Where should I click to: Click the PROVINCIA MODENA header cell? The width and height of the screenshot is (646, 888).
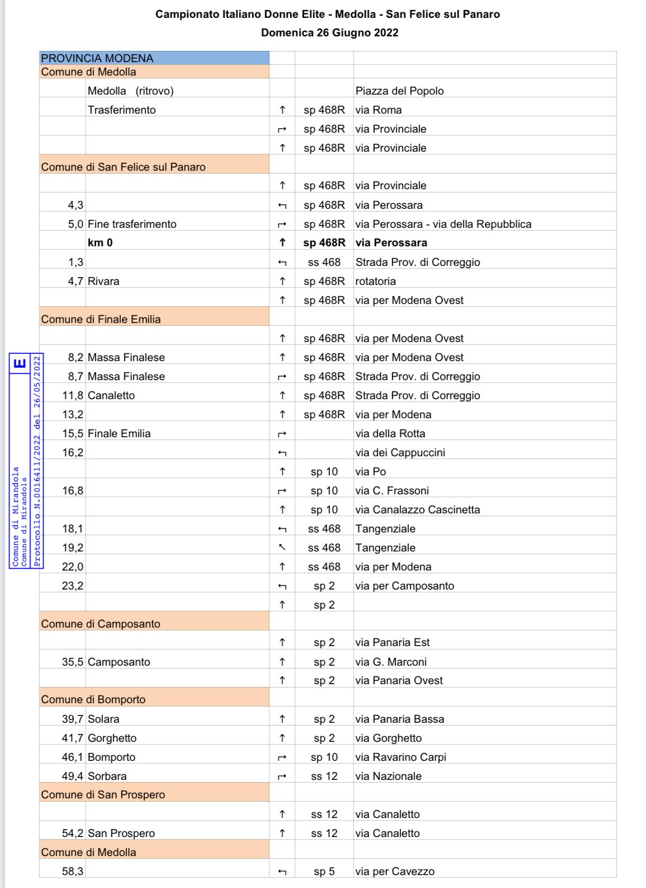(x=97, y=58)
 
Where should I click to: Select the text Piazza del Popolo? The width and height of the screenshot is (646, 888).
(x=399, y=91)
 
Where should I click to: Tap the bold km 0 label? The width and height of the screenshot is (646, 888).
(x=100, y=242)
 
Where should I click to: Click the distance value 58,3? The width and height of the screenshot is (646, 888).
(x=73, y=871)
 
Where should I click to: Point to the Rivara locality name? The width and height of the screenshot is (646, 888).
(x=103, y=281)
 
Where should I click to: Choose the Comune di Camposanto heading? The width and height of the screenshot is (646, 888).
(x=101, y=624)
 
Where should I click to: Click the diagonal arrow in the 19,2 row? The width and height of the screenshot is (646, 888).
(x=282, y=548)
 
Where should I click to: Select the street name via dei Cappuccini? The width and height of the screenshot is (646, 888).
(x=400, y=452)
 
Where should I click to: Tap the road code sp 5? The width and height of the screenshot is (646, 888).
(x=324, y=871)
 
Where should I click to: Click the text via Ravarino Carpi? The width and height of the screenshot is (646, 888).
(x=400, y=757)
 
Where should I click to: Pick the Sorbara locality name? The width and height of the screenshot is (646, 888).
(x=107, y=776)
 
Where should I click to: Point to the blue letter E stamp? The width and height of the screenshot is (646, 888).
(x=20, y=363)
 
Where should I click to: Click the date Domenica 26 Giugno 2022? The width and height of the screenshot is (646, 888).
(x=329, y=32)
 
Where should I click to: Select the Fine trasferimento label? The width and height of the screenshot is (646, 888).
(x=132, y=224)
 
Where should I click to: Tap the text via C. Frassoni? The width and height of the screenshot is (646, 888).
(x=392, y=490)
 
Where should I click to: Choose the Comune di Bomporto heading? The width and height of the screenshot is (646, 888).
(x=93, y=699)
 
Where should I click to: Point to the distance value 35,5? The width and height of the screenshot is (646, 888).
(x=73, y=662)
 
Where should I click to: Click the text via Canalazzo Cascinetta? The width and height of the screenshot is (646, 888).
(x=417, y=510)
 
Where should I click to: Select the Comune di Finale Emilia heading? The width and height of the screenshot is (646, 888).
(x=101, y=319)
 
